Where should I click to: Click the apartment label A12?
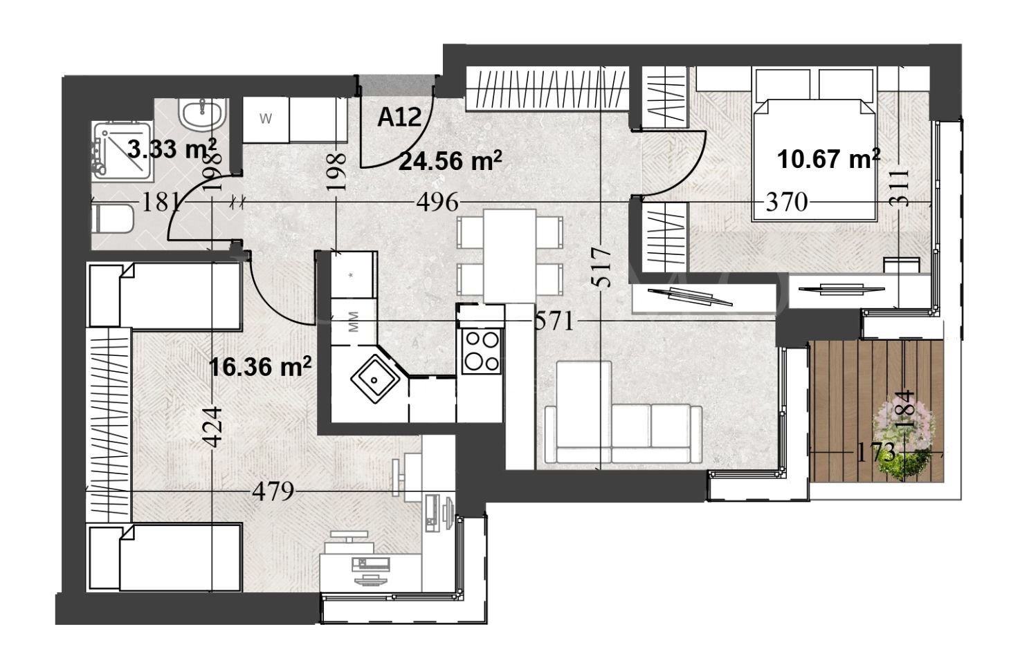tap(399, 117)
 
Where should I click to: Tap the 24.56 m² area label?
tap(450, 161)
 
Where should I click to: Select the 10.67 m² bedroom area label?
tap(828, 160)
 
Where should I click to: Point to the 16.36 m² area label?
tap(260, 367)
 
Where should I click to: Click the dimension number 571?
tap(554, 321)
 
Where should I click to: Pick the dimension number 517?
tap(602, 267)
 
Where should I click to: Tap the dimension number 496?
tap(437, 203)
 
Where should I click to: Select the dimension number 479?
tap(273, 492)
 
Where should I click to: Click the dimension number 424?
tap(214, 426)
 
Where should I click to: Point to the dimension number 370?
tap(787, 203)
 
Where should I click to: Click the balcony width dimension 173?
tap(875, 453)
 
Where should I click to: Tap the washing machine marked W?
tap(265, 119)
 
